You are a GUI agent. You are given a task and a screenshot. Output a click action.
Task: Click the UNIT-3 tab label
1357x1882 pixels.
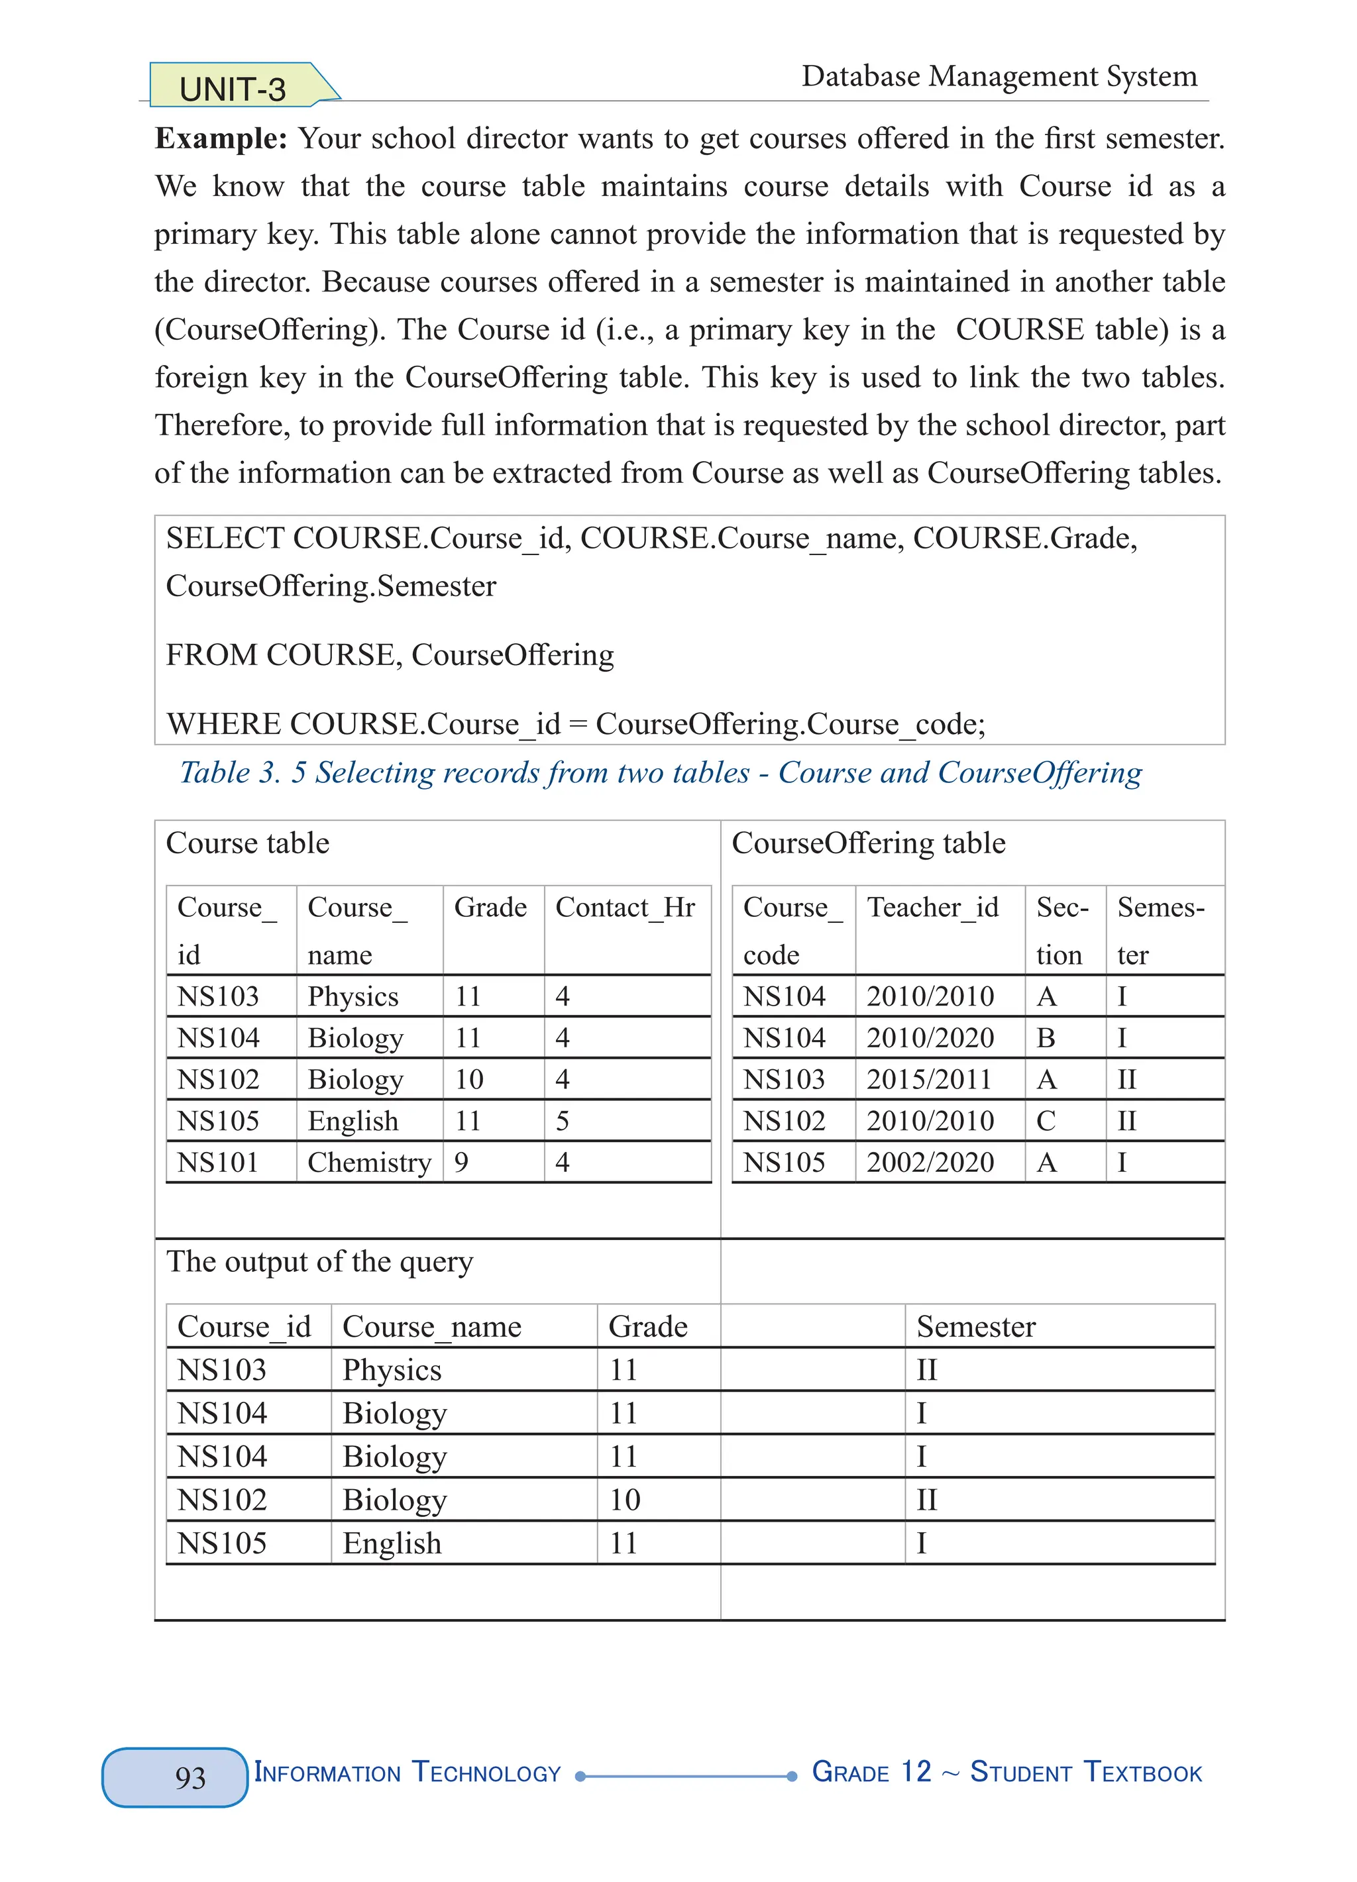tap(233, 88)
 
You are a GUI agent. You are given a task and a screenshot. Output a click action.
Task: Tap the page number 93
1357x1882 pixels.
tap(190, 1777)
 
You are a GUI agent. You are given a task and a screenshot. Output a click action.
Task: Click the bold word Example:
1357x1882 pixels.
tap(221, 138)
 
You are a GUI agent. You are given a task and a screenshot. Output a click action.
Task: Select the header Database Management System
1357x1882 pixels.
tap(999, 76)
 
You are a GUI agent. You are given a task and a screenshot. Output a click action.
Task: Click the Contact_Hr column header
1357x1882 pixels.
tap(625, 907)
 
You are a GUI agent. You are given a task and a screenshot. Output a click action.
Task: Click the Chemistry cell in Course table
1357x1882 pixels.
tap(368, 1162)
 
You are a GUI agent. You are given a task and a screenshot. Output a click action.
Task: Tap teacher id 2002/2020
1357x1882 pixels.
tap(930, 1162)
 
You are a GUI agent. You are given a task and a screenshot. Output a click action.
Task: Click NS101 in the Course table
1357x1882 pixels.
tap(218, 1162)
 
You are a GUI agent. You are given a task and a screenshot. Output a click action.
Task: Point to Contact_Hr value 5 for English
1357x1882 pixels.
tap(562, 1120)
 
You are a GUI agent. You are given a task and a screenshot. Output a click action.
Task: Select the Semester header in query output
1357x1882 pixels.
tap(975, 1326)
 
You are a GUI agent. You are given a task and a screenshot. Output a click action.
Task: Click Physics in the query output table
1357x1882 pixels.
tap(392, 1369)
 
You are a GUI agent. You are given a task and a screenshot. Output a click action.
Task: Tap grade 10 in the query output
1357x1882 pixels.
tap(624, 1500)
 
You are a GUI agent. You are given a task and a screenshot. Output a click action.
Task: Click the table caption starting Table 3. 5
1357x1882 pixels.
tap(661, 772)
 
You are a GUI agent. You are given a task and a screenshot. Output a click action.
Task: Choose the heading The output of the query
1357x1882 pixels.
tap(319, 1261)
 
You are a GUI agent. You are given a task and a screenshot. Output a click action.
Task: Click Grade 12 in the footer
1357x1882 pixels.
tap(871, 1771)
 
